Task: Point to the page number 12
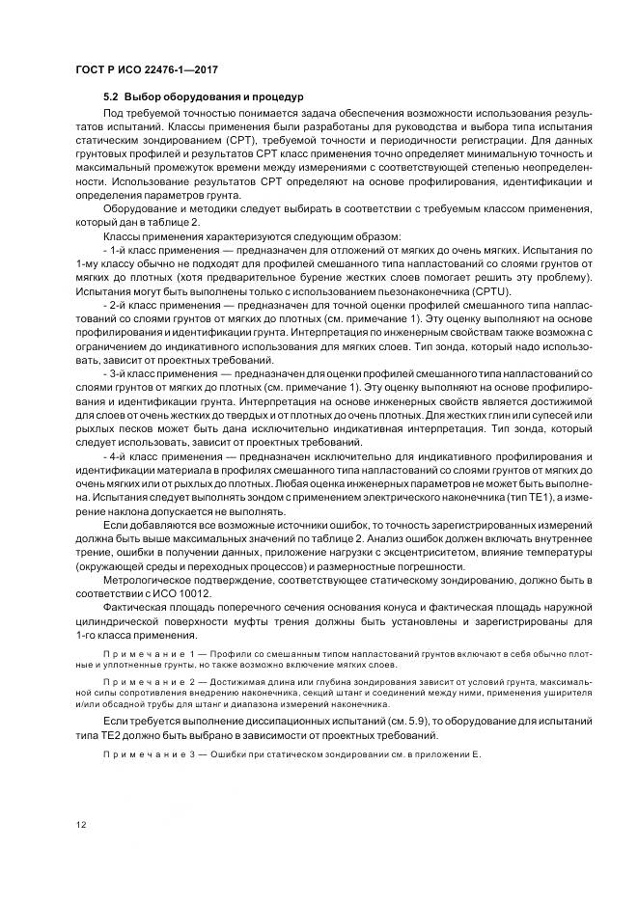pos(80,824)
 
